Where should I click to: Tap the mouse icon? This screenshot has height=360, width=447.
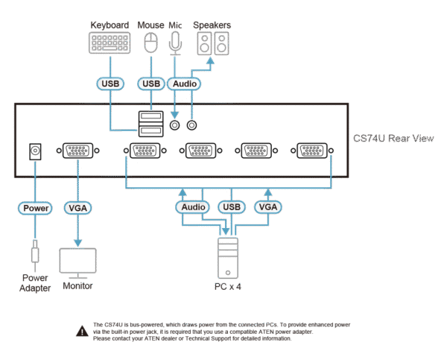pyautogui.click(x=151, y=42)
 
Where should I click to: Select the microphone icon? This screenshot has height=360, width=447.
pyautogui.click(x=175, y=43)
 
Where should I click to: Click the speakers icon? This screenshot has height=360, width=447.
pyautogui.click(x=212, y=44)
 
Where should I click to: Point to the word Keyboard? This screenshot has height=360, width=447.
pyautogui.click(x=110, y=25)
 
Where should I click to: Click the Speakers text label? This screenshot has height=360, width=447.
pyautogui.click(x=212, y=25)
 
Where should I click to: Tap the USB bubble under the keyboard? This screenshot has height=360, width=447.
pyautogui.click(x=110, y=83)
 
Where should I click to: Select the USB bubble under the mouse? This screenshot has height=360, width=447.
pyautogui.click(x=151, y=83)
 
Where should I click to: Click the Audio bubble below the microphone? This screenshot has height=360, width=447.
pyautogui.click(x=184, y=83)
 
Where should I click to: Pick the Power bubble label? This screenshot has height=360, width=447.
pyautogui.click(x=35, y=208)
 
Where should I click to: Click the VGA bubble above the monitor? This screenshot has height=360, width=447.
pyautogui.click(x=77, y=208)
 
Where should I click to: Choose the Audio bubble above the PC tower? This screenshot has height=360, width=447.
pyautogui.click(x=192, y=206)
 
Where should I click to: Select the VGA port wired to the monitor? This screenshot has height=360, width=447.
pyautogui.click(x=77, y=151)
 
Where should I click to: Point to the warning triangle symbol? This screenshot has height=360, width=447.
pyautogui.click(x=80, y=329)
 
